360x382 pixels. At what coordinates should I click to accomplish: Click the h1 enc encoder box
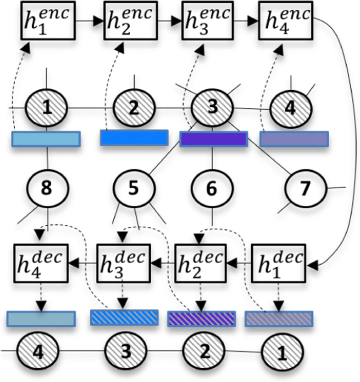click(47, 20)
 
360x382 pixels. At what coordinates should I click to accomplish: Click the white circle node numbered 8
click(47, 187)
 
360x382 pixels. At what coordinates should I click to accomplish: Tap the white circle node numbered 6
click(211, 187)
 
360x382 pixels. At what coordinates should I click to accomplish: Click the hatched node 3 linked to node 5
click(212, 109)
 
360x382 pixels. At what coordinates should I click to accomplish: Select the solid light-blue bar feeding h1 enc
click(46, 139)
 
